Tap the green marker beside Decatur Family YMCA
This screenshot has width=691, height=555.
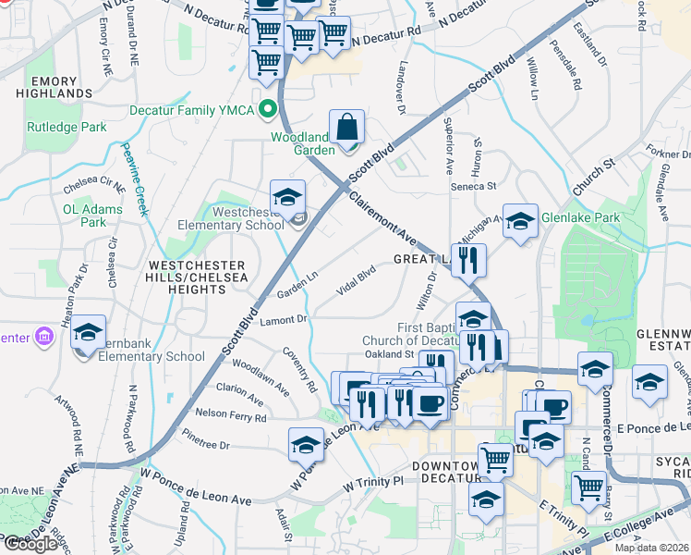(269, 109)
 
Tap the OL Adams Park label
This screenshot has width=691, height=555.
(92, 216)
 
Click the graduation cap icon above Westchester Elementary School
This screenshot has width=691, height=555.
(287, 197)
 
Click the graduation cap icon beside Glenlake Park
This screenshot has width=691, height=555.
(520, 221)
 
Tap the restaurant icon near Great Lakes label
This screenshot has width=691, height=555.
(468, 261)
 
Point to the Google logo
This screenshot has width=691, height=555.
(30, 544)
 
